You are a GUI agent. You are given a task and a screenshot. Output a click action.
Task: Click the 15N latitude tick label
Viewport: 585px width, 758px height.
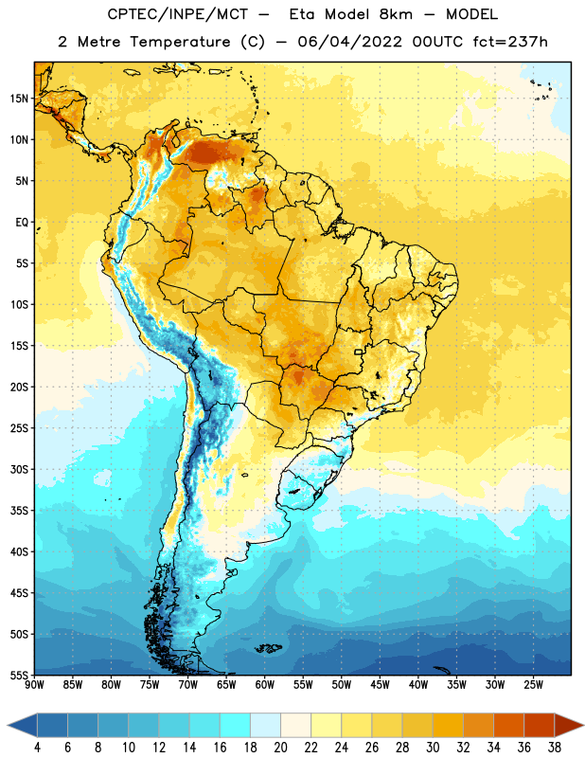coord(19,99)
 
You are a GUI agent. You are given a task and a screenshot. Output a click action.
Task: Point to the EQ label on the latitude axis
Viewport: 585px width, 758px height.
coord(22,223)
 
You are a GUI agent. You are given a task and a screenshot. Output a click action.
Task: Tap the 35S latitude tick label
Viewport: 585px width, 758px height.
coord(19,511)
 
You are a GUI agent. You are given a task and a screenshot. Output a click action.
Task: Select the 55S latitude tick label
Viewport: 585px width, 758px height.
coord(19,675)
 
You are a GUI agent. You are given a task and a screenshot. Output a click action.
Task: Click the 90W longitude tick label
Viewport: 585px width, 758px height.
coord(34,685)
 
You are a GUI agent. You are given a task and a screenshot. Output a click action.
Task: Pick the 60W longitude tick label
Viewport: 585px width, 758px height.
coord(265,685)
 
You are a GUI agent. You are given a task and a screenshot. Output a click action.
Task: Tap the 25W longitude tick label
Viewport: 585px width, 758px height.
coord(533,685)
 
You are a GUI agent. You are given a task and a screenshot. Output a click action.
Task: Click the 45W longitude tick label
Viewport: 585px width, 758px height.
coord(380,685)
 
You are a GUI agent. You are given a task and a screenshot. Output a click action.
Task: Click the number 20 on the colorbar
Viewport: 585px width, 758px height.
coord(280,748)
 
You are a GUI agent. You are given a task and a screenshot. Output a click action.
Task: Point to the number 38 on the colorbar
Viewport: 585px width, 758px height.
coord(554,748)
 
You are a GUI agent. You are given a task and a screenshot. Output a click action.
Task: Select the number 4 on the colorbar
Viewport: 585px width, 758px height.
coord(37,748)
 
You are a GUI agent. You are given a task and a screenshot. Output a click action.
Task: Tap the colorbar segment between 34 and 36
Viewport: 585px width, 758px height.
coord(508,725)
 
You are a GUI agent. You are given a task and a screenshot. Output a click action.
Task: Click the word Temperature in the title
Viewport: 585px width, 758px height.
coord(180,42)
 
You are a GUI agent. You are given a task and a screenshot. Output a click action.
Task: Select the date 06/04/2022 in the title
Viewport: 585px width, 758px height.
coord(349,42)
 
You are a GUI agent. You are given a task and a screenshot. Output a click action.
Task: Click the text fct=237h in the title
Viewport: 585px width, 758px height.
coord(510,42)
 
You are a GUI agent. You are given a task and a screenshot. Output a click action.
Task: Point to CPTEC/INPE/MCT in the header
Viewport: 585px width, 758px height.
coord(178,14)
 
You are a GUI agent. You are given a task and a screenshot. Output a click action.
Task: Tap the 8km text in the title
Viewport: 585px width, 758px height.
coord(396,14)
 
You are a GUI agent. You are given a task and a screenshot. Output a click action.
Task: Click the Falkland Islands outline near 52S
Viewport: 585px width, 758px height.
coord(268,648)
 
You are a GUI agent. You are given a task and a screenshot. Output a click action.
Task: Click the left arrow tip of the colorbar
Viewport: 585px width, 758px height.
coord(8,725)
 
